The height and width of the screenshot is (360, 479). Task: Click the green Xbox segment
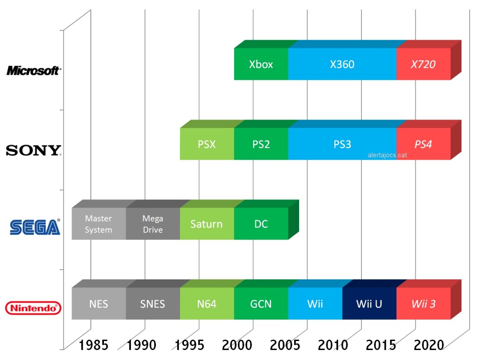tap(261, 64)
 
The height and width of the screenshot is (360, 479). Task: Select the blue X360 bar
tap(342, 64)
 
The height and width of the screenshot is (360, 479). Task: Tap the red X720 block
tap(423, 64)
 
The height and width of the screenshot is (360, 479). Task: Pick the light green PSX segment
tap(207, 144)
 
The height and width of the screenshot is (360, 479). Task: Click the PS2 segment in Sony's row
tap(261, 144)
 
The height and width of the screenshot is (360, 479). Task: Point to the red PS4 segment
tap(423, 144)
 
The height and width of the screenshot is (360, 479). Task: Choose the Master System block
tap(99, 224)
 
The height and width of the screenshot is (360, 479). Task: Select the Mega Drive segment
tap(153, 224)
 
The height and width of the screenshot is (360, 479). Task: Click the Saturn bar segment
tap(207, 224)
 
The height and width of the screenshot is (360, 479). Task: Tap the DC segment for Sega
tap(261, 224)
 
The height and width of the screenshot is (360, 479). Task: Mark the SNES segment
tap(153, 303)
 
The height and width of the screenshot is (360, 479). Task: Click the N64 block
tap(207, 303)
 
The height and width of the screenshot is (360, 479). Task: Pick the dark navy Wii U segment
tap(369, 303)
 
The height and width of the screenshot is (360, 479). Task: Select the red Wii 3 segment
tap(423, 303)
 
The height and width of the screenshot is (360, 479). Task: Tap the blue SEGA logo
tap(35, 227)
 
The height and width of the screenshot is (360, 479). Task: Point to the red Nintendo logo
tap(33, 308)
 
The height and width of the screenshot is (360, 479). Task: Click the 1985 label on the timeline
tap(94, 346)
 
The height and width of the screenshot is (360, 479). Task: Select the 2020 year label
tap(430, 346)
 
